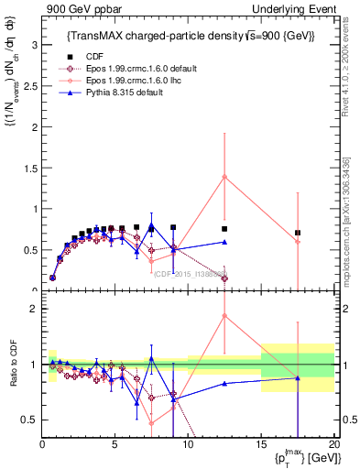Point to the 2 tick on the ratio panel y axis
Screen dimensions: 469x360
(x=33, y=309)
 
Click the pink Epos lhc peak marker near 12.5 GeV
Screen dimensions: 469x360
(x=224, y=177)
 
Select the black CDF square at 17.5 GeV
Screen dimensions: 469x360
(x=298, y=233)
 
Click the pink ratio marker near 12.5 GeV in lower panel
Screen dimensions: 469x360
(x=224, y=316)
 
